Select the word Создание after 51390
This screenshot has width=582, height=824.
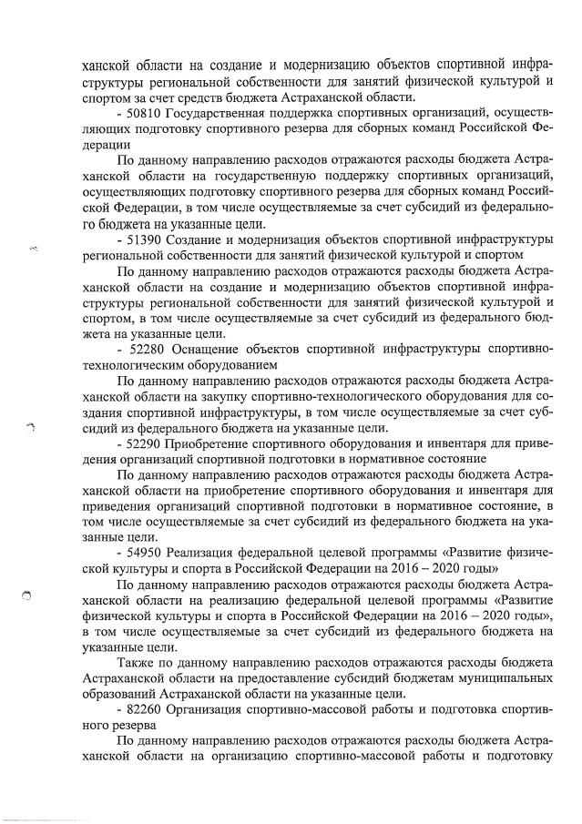(196, 239)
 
